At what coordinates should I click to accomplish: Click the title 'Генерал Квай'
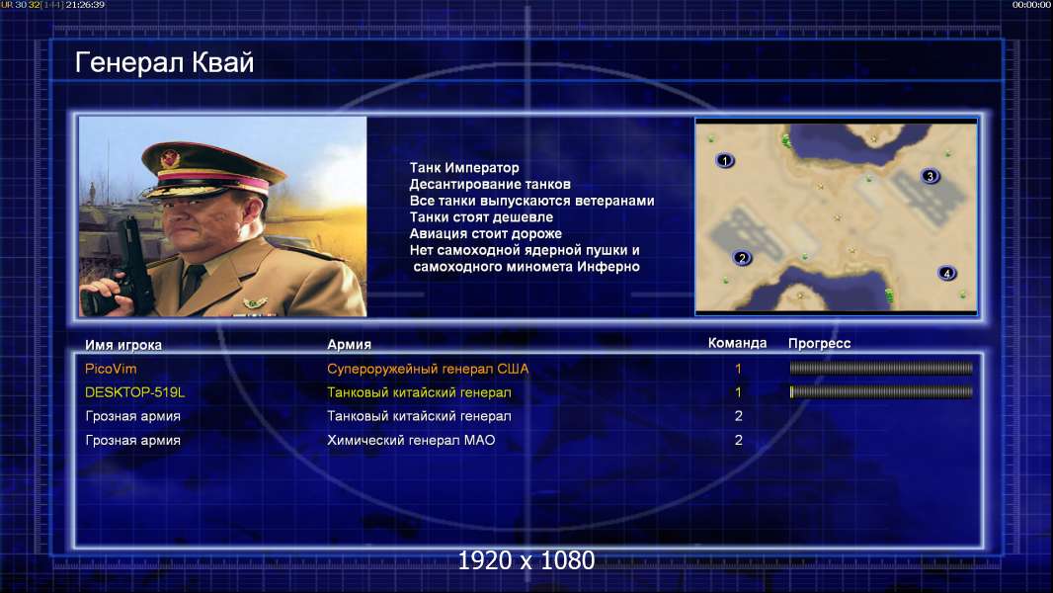[x=165, y=62]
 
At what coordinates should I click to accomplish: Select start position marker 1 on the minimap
[x=725, y=160]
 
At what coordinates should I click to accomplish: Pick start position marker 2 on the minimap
[x=742, y=257]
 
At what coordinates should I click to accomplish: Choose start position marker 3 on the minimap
[x=931, y=177]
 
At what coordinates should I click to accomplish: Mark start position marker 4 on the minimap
[x=947, y=274]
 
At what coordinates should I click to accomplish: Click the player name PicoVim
[x=111, y=369]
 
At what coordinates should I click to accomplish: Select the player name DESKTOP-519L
[x=134, y=392]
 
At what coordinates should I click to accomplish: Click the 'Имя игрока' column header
[x=122, y=345]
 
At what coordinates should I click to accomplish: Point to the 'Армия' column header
[x=350, y=345]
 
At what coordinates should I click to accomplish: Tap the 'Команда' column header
[x=737, y=343]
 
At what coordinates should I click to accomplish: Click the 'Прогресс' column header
[x=819, y=344]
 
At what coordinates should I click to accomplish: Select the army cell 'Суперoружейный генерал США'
[x=428, y=369]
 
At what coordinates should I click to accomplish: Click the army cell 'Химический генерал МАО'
[x=411, y=441]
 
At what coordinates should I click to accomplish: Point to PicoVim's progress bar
[x=881, y=368]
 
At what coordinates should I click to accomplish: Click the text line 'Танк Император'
[x=464, y=168]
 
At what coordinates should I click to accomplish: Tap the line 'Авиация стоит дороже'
[x=486, y=233]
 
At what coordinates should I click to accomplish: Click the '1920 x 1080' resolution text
[x=526, y=560]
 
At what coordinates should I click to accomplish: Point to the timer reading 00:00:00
[x=1031, y=5]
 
